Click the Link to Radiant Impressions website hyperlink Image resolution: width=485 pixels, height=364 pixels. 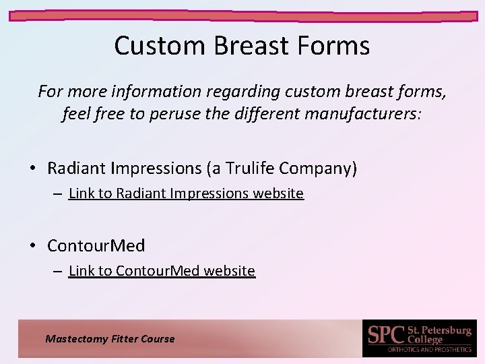coord(186,193)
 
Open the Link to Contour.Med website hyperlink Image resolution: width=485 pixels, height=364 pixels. coord(162,271)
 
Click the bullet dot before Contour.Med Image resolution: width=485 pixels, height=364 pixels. coord(33,246)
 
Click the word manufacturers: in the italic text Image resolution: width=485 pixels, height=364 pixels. coord(363,114)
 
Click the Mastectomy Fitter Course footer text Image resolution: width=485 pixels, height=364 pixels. coord(110,339)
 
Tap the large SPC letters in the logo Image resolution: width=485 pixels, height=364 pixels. coord(386,334)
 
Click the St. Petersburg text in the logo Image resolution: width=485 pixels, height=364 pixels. coord(439,330)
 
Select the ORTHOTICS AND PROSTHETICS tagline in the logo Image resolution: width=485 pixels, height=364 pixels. coord(429,349)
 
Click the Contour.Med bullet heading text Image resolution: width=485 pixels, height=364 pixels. coord(96,246)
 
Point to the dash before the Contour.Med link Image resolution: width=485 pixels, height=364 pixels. coord(59,271)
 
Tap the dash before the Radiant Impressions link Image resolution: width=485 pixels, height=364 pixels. coord(59,193)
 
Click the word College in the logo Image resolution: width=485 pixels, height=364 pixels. coord(425,339)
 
